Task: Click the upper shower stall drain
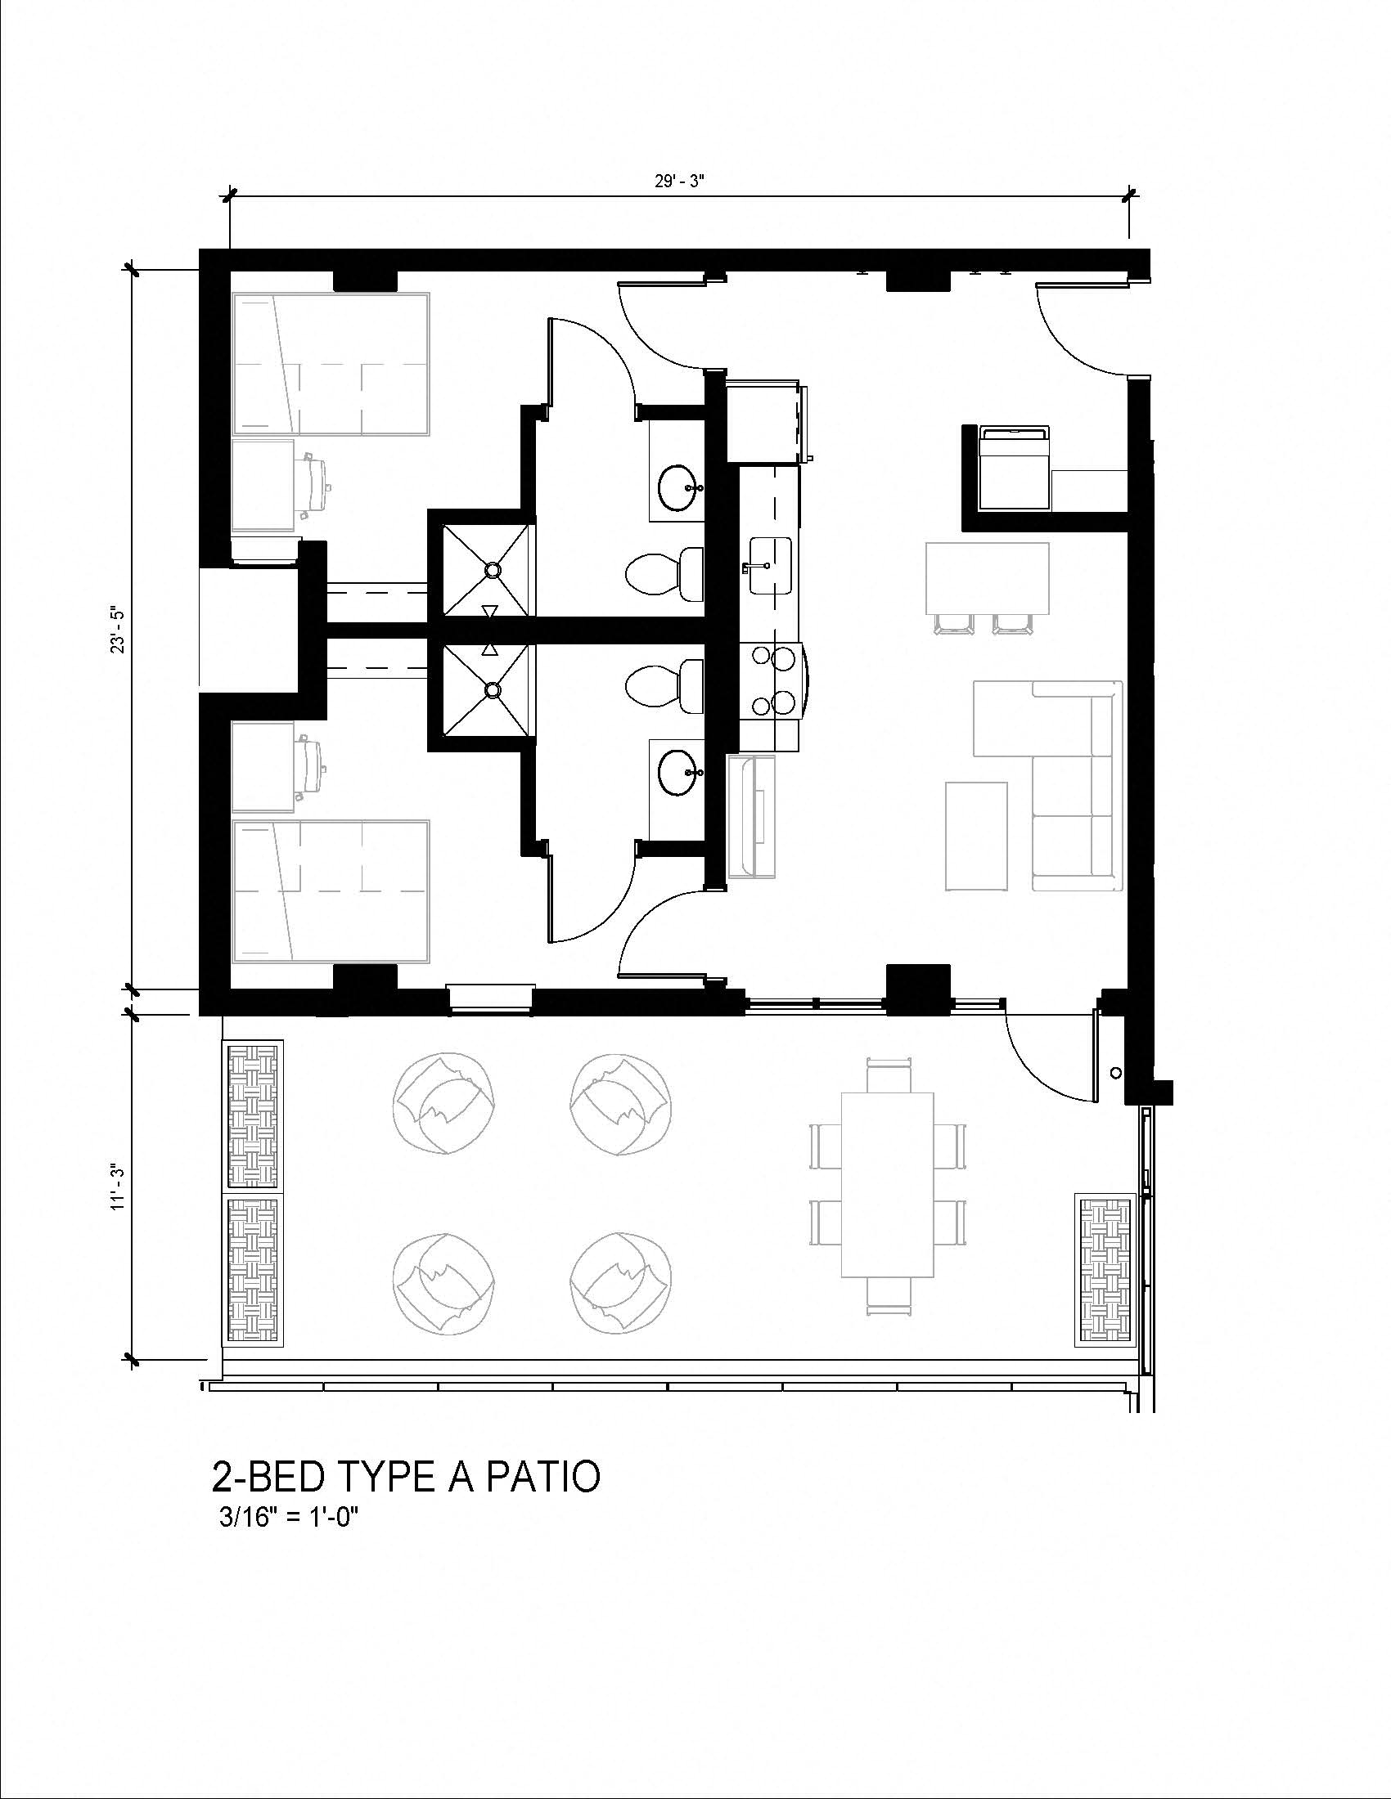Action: [493, 569]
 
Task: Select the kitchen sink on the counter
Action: [771, 565]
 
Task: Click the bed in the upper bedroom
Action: [331, 363]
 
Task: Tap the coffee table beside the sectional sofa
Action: [976, 836]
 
